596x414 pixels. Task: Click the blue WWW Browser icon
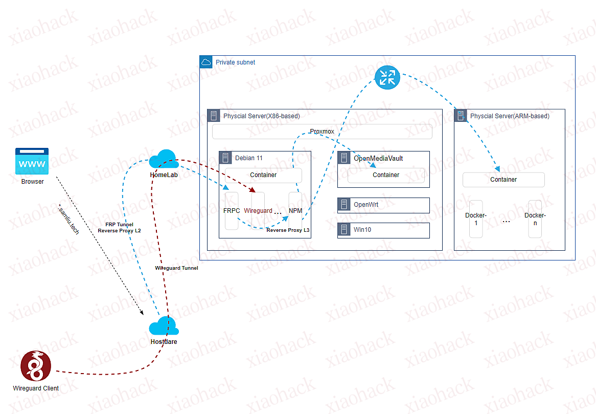[x=32, y=162]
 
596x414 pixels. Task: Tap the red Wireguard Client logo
[x=35, y=366]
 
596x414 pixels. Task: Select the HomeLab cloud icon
[x=164, y=159]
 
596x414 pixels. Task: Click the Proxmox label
[x=322, y=132]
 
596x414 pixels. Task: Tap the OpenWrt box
[x=383, y=205]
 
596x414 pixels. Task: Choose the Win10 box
[x=383, y=230]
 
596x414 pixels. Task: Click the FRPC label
[x=232, y=210]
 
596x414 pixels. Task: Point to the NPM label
[x=295, y=210]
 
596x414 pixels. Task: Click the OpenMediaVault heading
[x=378, y=158]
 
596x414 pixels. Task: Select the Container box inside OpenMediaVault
[x=386, y=175]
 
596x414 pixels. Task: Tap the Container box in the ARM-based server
[x=503, y=180]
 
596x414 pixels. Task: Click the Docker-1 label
[x=476, y=219]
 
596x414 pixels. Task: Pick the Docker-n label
[x=535, y=219]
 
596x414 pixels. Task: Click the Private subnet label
[x=235, y=62]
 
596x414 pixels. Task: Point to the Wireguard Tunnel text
[x=176, y=268]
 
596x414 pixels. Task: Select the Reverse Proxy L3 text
[x=288, y=230]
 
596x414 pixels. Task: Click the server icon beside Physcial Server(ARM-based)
[x=461, y=116]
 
